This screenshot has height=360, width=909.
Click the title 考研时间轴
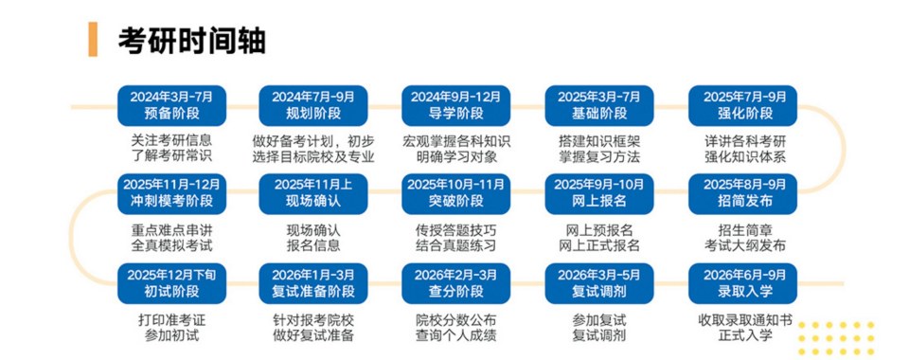191,41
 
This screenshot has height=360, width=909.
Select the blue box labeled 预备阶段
171,105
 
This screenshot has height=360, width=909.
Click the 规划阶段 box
312,105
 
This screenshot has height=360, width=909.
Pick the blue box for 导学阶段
455,105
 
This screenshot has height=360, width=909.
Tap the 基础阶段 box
598,105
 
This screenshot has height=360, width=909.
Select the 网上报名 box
598,193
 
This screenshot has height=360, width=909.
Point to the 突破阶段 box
455,193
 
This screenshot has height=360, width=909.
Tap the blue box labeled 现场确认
312,193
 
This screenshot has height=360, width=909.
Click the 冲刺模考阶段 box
171,193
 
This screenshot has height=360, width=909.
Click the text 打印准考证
171,318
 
